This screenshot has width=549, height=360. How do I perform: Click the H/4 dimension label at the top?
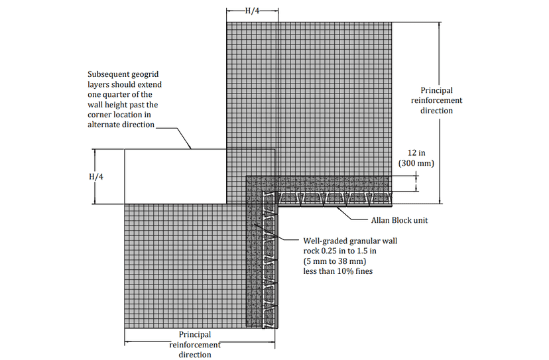[252, 11]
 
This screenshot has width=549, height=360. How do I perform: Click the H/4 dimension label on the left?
[96, 176]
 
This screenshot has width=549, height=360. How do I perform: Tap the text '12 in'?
[416, 153]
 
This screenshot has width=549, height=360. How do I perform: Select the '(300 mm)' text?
[416, 163]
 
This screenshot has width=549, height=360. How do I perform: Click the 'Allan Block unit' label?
[400, 220]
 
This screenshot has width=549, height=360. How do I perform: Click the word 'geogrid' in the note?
[146, 75]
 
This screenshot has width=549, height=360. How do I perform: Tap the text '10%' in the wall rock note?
[345, 271]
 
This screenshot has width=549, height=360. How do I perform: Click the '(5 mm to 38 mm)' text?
[335, 261]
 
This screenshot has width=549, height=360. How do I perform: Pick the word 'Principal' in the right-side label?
[436, 90]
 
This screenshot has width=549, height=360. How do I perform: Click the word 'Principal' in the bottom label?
[195, 335]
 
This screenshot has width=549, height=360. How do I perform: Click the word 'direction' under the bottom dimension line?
[195, 355]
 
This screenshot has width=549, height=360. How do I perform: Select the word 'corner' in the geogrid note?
[98, 115]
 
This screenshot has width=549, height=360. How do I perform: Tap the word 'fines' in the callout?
[364, 271]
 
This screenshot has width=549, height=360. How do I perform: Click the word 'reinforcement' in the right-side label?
[436, 101]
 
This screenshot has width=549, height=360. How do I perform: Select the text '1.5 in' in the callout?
[366, 251]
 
